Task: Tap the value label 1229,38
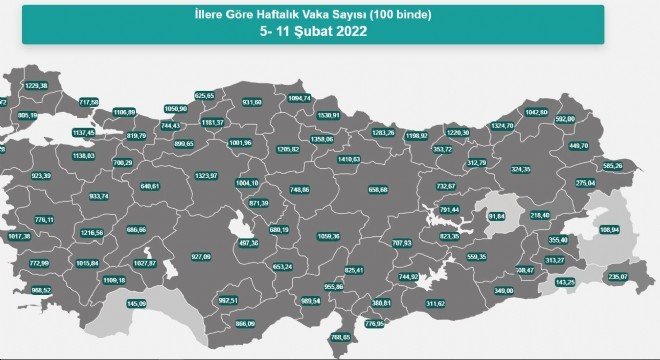click(x=35, y=86)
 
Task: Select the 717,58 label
click(x=88, y=102)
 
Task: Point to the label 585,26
click(x=612, y=165)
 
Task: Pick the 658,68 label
click(x=378, y=189)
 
